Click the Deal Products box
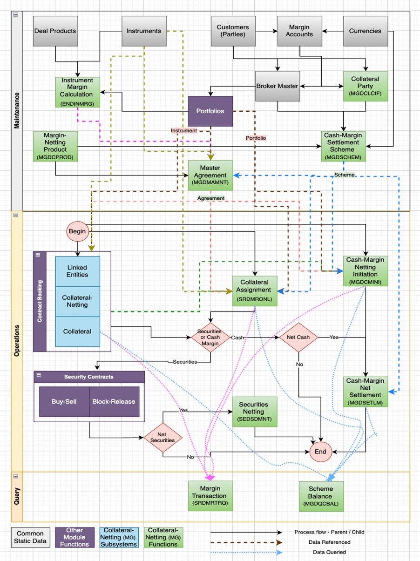(55, 31)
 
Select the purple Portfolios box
(210, 111)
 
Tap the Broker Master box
(277, 86)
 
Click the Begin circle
(77, 231)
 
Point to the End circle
(320, 452)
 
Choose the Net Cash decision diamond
(298, 337)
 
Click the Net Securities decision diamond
(163, 438)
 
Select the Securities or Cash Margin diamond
(210, 337)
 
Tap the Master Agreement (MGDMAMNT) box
(210, 175)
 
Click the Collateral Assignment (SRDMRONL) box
(255, 291)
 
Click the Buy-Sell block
(64, 401)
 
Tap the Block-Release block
(114, 401)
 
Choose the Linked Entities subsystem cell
(77, 271)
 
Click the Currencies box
(365, 31)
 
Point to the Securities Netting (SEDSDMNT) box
(255, 412)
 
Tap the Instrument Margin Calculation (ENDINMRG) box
(77, 92)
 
